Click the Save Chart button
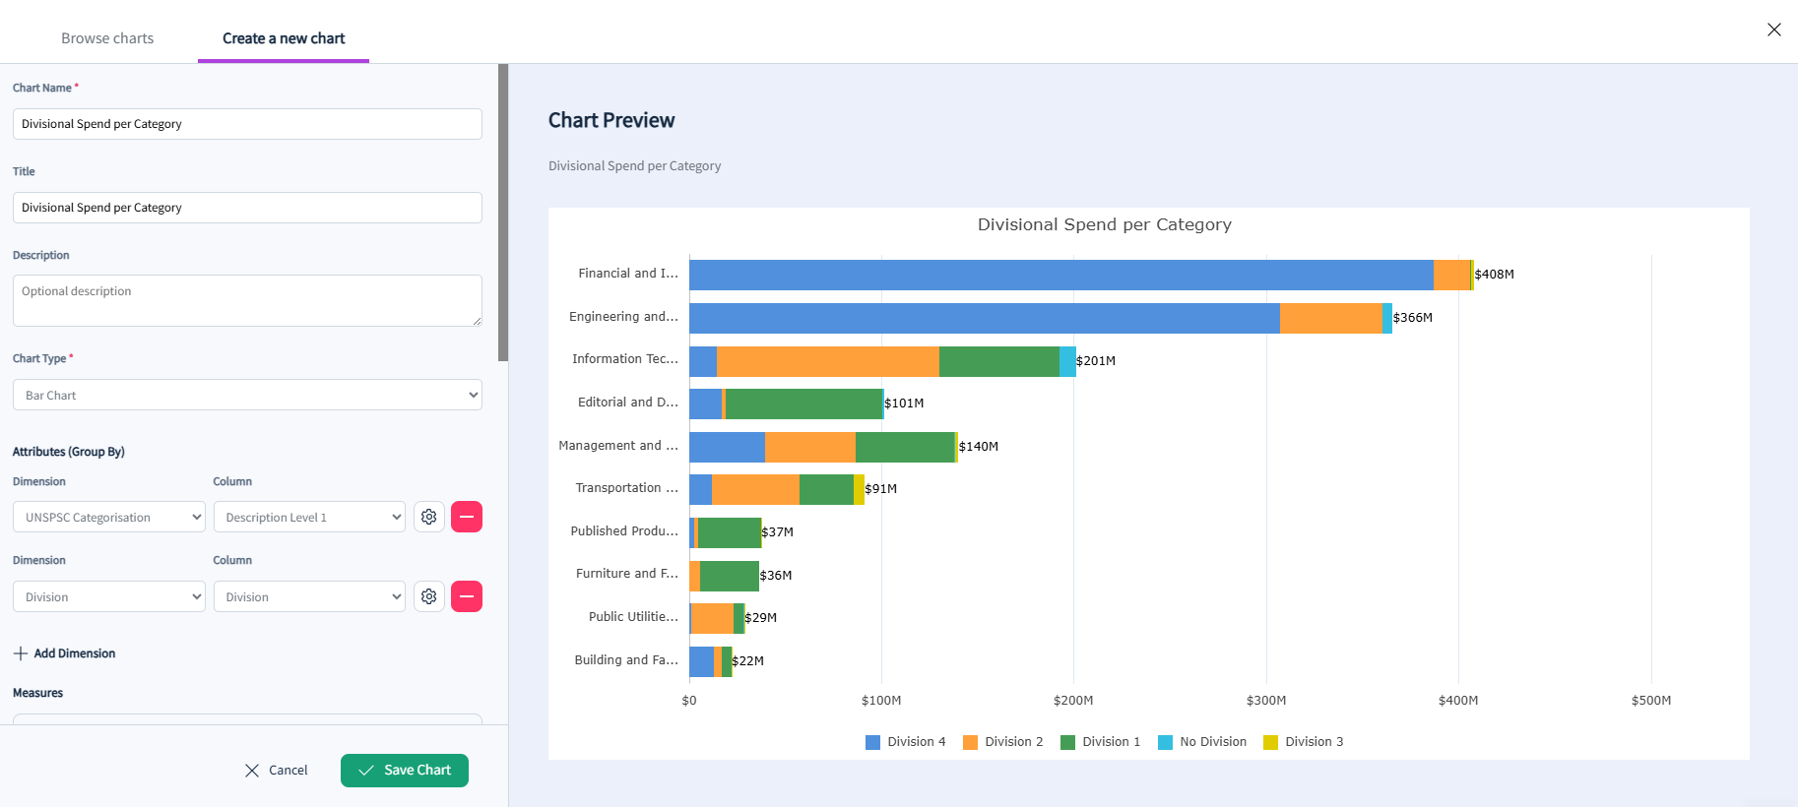pos(405,771)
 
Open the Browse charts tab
pos(107,38)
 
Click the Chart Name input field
pos(247,124)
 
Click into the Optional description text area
pos(247,300)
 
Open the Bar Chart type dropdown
pos(247,395)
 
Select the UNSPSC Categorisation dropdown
pos(109,518)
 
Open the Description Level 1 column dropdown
pos(309,518)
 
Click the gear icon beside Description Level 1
pos(429,517)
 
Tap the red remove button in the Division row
pos(467,596)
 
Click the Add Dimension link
pos(64,653)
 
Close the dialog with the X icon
pos(1774,30)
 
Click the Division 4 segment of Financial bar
pos(1061,275)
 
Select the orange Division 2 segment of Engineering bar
pos(1331,318)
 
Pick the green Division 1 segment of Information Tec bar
pos(999,361)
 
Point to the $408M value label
pos(1495,275)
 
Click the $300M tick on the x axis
pos(1266,701)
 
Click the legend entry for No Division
pos(1202,742)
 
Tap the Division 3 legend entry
pos(1304,742)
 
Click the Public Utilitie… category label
pos(633,617)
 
